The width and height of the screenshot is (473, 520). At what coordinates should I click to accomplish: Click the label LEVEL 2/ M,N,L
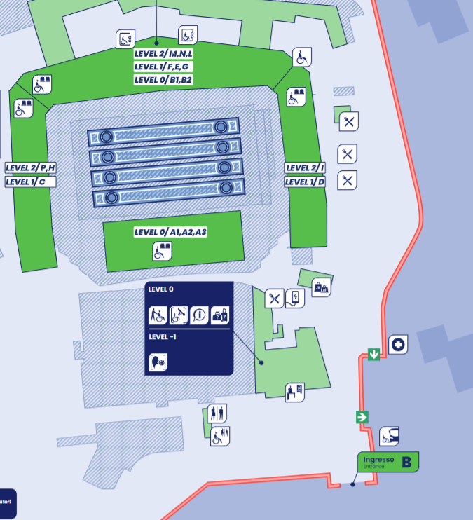163,54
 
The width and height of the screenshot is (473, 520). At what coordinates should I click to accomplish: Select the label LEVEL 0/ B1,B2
163,80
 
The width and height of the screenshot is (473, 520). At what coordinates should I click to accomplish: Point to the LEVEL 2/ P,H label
30,167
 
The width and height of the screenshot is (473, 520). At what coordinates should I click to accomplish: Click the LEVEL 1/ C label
30,182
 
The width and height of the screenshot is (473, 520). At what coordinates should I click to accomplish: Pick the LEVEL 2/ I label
305,167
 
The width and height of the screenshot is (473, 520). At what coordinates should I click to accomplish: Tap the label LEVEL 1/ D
305,182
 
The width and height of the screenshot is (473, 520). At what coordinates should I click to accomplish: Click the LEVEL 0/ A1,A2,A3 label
170,232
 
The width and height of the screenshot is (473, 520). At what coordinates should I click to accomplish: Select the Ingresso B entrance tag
388,462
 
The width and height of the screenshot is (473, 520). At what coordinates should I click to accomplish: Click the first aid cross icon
398,344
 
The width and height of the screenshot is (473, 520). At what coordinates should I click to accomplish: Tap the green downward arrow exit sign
374,355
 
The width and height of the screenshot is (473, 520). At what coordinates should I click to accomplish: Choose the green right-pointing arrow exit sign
362,417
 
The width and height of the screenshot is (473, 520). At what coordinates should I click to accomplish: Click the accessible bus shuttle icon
390,437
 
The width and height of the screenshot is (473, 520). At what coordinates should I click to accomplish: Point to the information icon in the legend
200,315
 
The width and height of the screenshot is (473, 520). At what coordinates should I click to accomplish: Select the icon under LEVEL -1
158,362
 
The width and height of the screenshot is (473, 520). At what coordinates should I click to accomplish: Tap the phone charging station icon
296,299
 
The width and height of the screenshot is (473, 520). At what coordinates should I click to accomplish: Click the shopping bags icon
321,287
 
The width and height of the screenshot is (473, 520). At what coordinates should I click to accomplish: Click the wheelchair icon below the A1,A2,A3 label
163,251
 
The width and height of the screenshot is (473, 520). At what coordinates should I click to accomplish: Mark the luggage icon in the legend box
220,315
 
